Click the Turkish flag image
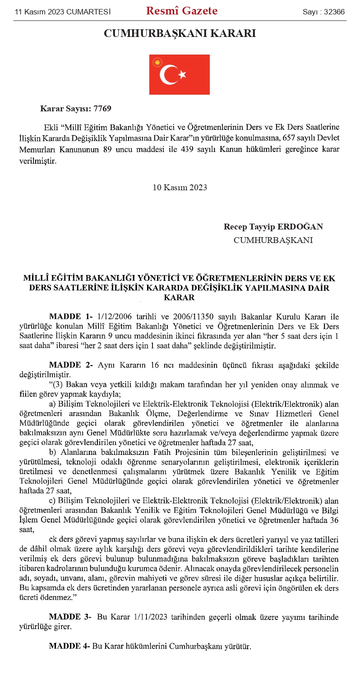pyautogui.click(x=180, y=74)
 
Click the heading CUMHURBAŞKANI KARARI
pyautogui.click(x=180, y=34)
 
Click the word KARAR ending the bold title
pyautogui.click(x=180, y=298)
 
